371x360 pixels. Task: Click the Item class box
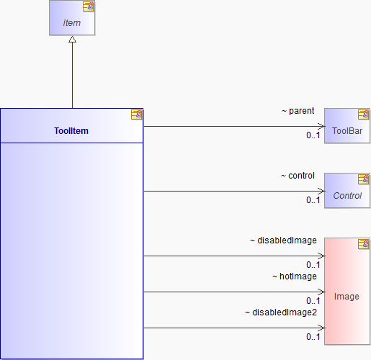[x=72, y=18]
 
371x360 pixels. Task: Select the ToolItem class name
[x=71, y=131]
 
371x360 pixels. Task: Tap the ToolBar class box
[x=347, y=126]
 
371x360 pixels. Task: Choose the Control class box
[x=347, y=191]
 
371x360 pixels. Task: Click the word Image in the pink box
[x=347, y=297]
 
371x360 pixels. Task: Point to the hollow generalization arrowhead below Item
[x=72, y=40]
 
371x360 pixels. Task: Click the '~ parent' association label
[x=298, y=111]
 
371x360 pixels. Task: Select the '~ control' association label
[x=298, y=176]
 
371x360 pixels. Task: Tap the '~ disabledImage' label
[x=283, y=240]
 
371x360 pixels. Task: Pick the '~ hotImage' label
[x=295, y=276]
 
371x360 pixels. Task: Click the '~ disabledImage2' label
[x=281, y=312]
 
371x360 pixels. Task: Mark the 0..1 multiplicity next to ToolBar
[x=313, y=135]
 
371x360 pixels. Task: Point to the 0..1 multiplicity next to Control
[x=313, y=200]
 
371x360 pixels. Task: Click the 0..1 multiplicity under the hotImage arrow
[x=313, y=301]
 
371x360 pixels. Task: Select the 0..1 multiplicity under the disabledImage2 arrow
[x=313, y=337]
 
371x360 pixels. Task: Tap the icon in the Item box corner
[x=89, y=6]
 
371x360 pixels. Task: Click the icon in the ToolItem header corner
[x=136, y=114]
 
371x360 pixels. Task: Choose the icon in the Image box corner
[x=364, y=244]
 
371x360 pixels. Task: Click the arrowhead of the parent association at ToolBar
[x=321, y=126]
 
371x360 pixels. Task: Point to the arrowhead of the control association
[x=321, y=191]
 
